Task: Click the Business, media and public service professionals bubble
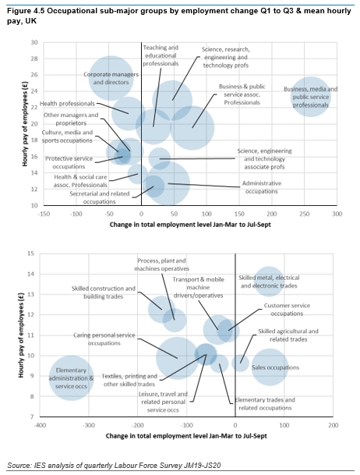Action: (310, 97)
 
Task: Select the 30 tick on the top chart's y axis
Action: (34, 42)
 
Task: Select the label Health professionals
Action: (68, 104)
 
